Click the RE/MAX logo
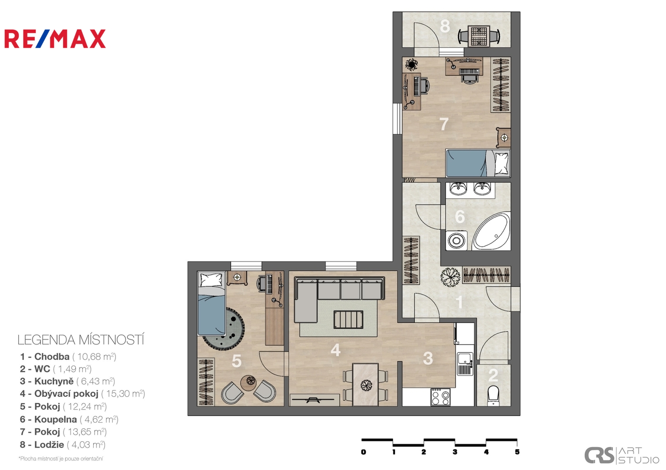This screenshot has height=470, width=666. [55, 39]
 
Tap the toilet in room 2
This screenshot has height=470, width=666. [493, 395]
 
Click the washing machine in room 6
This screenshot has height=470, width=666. [456, 240]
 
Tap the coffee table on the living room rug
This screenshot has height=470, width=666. [348, 319]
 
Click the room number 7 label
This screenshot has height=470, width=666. [444, 124]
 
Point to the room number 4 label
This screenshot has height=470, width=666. [335, 350]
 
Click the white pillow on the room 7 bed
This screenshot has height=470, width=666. [502, 163]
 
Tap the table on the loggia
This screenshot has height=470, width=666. [479, 36]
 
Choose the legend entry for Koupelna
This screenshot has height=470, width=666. [69, 419]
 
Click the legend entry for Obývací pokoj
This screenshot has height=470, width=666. [82, 394]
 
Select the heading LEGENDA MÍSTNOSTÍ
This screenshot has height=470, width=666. [81, 340]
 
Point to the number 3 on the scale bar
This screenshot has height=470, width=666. [455, 452]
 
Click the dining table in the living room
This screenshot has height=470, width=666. [365, 384]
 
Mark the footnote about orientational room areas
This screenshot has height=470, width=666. [61, 459]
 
